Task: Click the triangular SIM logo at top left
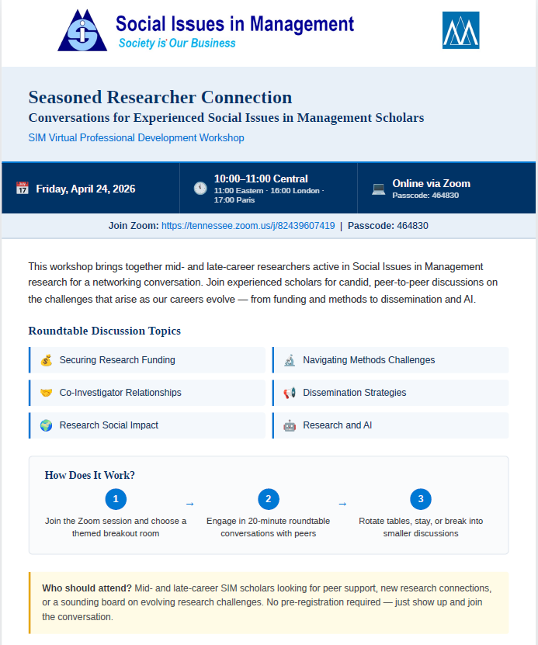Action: (82, 31)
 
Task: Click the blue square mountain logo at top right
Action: (460, 30)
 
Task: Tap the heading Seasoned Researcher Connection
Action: (160, 98)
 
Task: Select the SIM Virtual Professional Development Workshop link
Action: (136, 138)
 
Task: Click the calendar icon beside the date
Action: (22, 188)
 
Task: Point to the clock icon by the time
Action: (200, 188)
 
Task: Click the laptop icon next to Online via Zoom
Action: (378, 188)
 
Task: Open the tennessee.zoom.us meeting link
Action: (248, 226)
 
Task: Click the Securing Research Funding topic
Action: (117, 360)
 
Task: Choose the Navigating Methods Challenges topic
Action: (369, 360)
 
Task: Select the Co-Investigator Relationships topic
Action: (120, 393)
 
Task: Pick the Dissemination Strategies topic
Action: (354, 393)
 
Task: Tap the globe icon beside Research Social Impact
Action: (46, 425)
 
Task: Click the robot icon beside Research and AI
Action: (290, 425)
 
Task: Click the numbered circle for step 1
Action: (116, 499)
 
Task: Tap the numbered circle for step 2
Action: (268, 499)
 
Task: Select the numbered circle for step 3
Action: (421, 499)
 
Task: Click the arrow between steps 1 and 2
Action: (189, 504)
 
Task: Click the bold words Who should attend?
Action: (86, 588)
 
